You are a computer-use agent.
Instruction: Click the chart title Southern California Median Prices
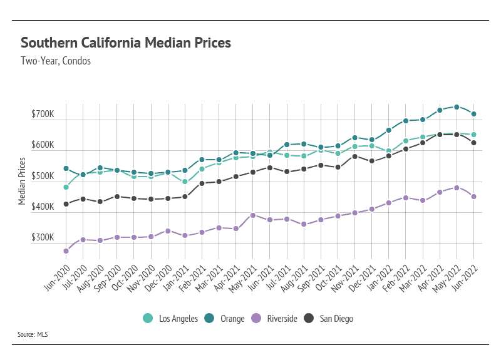(x=126, y=43)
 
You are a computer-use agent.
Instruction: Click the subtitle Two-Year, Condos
(x=56, y=61)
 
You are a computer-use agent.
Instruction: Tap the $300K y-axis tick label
(x=43, y=238)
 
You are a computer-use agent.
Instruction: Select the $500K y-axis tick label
(x=43, y=176)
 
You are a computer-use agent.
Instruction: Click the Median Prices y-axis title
(x=22, y=181)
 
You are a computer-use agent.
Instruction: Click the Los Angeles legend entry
(x=170, y=319)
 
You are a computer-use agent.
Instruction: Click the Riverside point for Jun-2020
(x=66, y=251)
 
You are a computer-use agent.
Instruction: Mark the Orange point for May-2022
(x=457, y=107)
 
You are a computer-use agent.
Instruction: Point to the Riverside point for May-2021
(x=252, y=215)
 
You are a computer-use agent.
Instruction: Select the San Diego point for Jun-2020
(x=66, y=204)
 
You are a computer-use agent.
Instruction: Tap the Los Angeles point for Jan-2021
(x=185, y=182)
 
